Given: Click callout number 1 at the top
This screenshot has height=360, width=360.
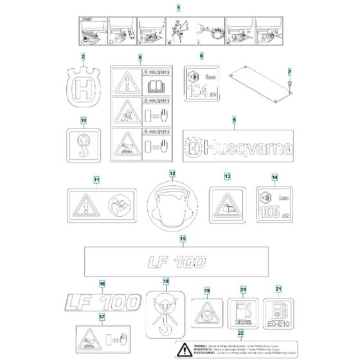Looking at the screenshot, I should [179, 6].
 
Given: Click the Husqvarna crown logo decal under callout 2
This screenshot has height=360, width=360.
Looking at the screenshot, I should [84, 88].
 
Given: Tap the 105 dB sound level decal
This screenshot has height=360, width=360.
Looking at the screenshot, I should [272, 203].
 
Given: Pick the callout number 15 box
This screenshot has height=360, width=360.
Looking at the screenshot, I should [182, 239].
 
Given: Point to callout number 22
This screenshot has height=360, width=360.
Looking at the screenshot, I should [240, 334].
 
